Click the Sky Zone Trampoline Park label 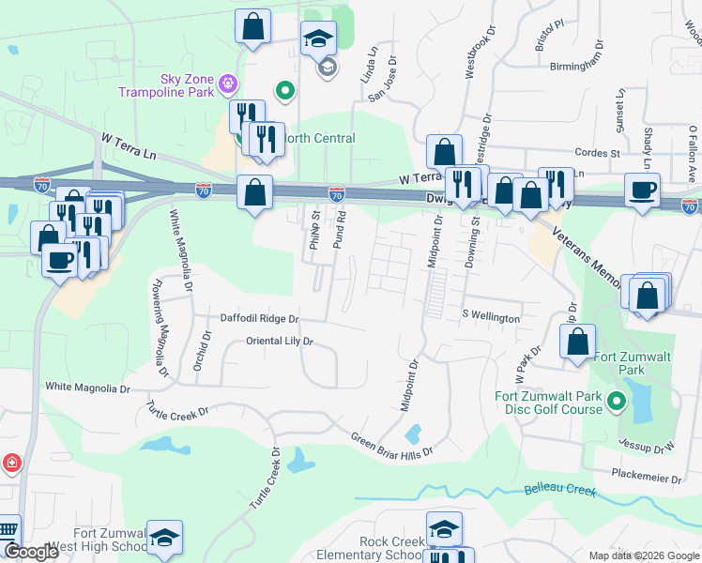[x=164, y=86]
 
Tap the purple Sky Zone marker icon [x=226, y=87]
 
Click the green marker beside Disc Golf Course [x=616, y=403]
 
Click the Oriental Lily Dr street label [x=279, y=342]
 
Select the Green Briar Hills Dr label [x=391, y=445]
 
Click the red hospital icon [x=11, y=464]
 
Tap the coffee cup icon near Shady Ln [x=643, y=190]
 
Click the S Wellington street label [x=490, y=318]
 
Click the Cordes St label [x=598, y=152]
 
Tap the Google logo [x=30, y=552]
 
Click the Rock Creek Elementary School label [x=391, y=549]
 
